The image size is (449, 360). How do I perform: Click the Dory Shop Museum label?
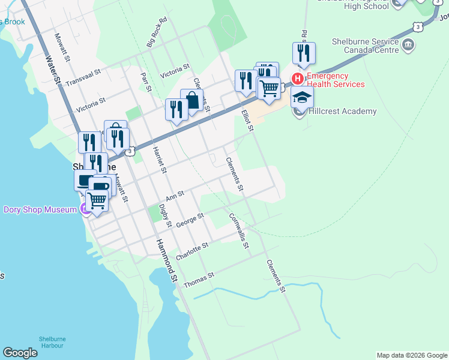coord(40,209)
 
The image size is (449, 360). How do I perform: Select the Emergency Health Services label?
coord(336,80)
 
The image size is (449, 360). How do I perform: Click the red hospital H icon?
coord(297,79)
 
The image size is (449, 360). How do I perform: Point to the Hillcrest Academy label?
coord(343,111)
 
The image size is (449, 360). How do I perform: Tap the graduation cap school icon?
coord(302,97)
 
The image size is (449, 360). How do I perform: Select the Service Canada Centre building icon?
coord(408,44)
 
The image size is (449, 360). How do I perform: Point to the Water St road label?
coord(53,70)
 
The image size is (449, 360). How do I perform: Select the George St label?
coord(190,218)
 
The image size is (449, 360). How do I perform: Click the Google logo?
coord(20,353)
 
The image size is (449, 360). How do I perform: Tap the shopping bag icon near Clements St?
coord(191,101)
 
